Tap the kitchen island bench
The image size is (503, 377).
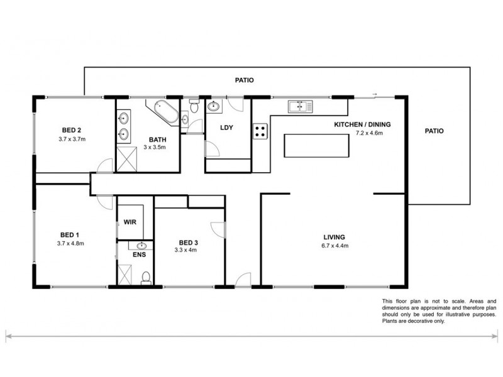coord(315,146)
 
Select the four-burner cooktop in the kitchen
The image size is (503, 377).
coord(260,131)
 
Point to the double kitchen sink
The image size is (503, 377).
coord(300,106)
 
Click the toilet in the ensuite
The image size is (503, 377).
coord(146,276)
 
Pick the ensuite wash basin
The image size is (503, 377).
coord(141,246)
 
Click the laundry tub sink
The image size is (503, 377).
coord(213,107)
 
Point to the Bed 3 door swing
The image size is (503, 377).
coord(218,230)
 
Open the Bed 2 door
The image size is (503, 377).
coord(104,167)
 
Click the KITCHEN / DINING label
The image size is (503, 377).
coord(360,124)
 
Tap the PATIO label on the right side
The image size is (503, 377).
coord(433,131)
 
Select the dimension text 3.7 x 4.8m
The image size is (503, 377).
coord(70,243)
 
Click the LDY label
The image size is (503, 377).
coord(226,128)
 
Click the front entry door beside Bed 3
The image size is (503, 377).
coord(243,279)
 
